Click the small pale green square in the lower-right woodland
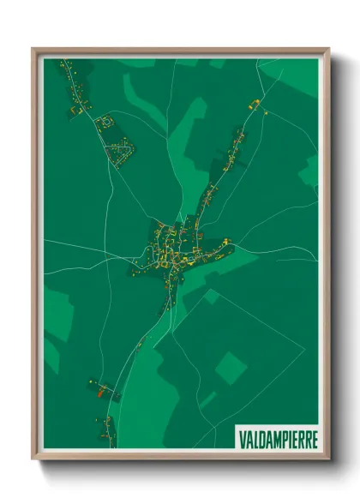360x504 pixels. pos(231,367)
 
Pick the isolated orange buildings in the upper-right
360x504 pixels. pos(255,104)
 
